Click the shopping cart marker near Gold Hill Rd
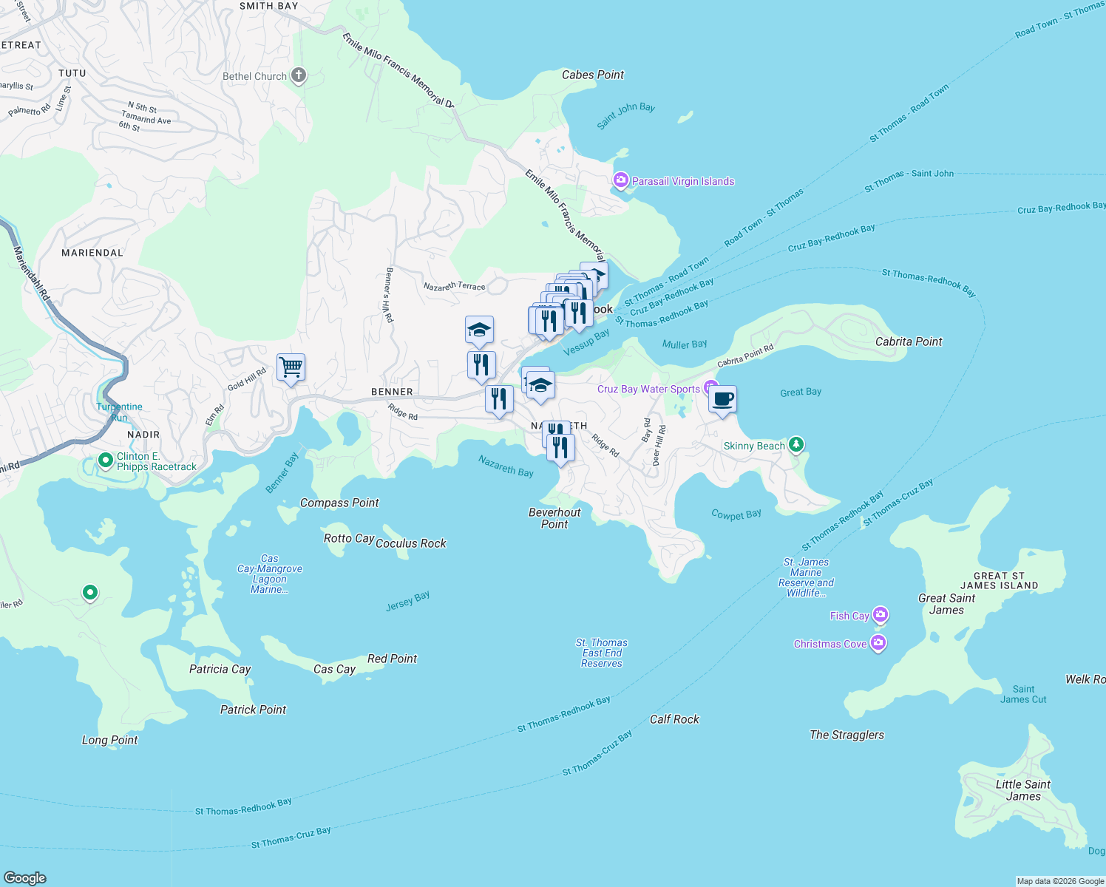pyautogui.click(x=291, y=367)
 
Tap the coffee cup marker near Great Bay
pyautogui.click(x=722, y=399)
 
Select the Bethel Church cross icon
pyautogui.click(x=299, y=75)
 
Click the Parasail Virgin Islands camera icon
pyautogui.click(x=621, y=180)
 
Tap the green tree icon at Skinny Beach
pyautogui.click(x=795, y=445)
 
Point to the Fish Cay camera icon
pyautogui.click(x=880, y=615)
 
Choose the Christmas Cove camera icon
pyautogui.click(x=878, y=643)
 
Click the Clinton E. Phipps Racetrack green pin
pyautogui.click(x=106, y=461)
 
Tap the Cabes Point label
pyautogui.click(x=592, y=75)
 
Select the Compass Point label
pyautogui.click(x=339, y=503)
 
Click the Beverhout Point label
pyautogui.click(x=554, y=518)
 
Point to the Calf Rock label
pyautogui.click(x=674, y=719)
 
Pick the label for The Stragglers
pyautogui.click(x=847, y=735)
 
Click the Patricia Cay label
pyautogui.click(x=220, y=669)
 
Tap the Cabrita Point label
pyautogui.click(x=909, y=341)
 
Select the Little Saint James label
pyautogui.click(x=1023, y=790)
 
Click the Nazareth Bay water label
pyautogui.click(x=506, y=466)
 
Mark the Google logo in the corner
pyautogui.click(x=25, y=878)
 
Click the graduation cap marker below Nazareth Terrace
pyautogui.click(x=479, y=330)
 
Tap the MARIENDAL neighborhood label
pyautogui.click(x=92, y=253)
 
